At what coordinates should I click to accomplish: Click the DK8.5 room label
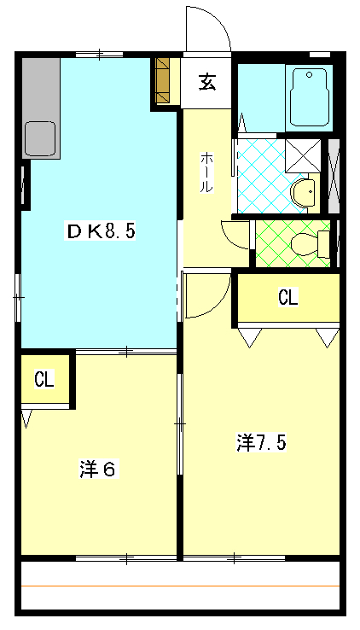[100, 232]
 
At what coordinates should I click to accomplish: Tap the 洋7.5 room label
[261, 442]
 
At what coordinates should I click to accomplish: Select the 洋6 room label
[99, 469]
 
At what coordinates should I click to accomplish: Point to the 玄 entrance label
[207, 82]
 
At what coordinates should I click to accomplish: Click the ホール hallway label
[206, 172]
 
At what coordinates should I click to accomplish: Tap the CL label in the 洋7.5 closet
[288, 298]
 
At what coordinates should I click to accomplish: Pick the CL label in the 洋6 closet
[44, 379]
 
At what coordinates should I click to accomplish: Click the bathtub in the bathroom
[309, 97]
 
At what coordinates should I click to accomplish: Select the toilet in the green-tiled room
[310, 244]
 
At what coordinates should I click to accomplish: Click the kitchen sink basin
[40, 138]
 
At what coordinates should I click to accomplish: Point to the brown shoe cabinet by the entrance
[163, 81]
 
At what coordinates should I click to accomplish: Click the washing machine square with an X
[303, 156]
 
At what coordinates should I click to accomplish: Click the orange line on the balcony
[180, 586]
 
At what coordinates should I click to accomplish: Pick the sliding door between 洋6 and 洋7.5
[180, 424]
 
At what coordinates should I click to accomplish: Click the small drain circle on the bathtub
[309, 74]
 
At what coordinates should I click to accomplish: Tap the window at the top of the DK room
[99, 54]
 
